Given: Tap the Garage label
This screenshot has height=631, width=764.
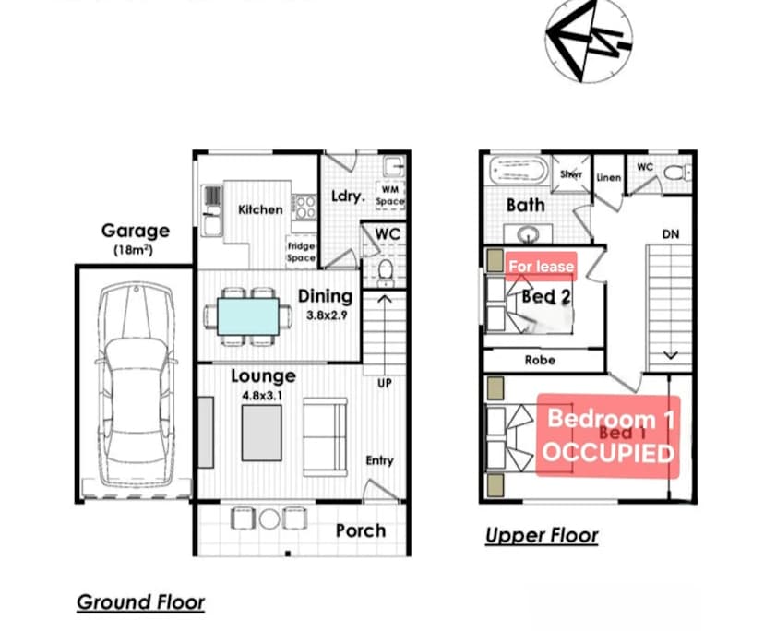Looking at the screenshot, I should pos(135,231).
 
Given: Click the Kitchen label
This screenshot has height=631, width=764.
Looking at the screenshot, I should pos(260,209).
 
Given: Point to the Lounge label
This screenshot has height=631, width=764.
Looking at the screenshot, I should pos(263,375).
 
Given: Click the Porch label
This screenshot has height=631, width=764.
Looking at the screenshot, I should pos(360,530).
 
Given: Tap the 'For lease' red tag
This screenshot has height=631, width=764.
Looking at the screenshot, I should pos(542,267).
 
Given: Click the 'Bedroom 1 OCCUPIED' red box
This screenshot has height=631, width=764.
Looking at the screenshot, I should pos(608,435).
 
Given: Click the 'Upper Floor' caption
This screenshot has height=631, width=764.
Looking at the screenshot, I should pos(542,535).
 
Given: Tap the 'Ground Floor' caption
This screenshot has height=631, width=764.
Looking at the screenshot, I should pos(140,602).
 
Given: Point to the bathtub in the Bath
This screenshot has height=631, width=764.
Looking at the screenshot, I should pos(519,171).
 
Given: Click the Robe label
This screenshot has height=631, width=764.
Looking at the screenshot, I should pos(541,360).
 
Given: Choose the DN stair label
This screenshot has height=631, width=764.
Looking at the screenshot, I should pos(670,234).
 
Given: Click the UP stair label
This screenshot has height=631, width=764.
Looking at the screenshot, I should pos(385,382).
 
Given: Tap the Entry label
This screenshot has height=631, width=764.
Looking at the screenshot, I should pos(379,460).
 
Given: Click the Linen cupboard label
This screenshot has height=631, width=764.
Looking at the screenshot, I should pos(609,177).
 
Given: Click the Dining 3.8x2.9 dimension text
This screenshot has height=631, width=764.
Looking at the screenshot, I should pos(325,315).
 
